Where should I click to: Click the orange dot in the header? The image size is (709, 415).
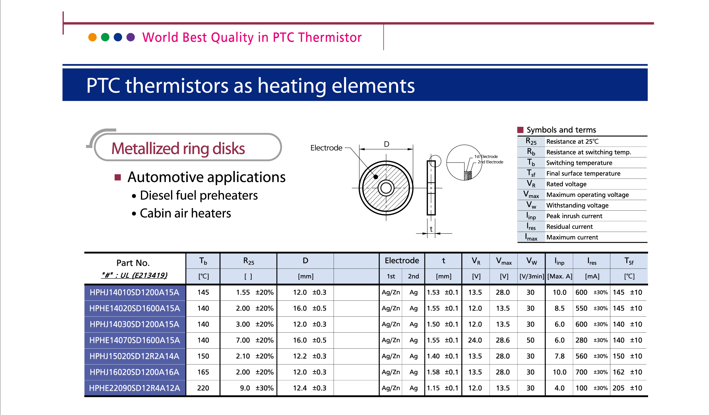click(x=92, y=37)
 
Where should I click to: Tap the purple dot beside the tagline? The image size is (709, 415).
click(x=131, y=37)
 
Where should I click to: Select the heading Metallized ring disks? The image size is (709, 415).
click(x=178, y=148)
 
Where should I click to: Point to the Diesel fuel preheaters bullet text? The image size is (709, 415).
click(x=199, y=195)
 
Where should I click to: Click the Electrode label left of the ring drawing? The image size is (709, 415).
click(x=326, y=148)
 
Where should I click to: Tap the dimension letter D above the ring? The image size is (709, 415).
click(x=386, y=144)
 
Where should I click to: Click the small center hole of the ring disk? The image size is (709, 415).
click(x=386, y=188)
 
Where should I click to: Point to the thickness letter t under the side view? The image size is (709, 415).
click(x=431, y=229)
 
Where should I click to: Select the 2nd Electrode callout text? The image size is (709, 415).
click(x=490, y=162)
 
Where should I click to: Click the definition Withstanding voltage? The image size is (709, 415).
click(x=577, y=205)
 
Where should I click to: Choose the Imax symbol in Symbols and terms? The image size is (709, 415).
click(x=531, y=237)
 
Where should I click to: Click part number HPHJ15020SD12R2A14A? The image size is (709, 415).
click(x=134, y=356)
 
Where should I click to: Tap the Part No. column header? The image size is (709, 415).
click(x=133, y=263)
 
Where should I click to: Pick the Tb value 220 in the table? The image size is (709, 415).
click(x=203, y=388)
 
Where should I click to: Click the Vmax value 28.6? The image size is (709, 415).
click(x=503, y=340)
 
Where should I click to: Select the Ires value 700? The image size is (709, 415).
click(x=581, y=372)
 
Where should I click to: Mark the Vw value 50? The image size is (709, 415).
click(x=531, y=340)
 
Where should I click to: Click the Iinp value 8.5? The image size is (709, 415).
click(x=559, y=308)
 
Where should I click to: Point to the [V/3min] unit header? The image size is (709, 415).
click(x=532, y=276)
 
